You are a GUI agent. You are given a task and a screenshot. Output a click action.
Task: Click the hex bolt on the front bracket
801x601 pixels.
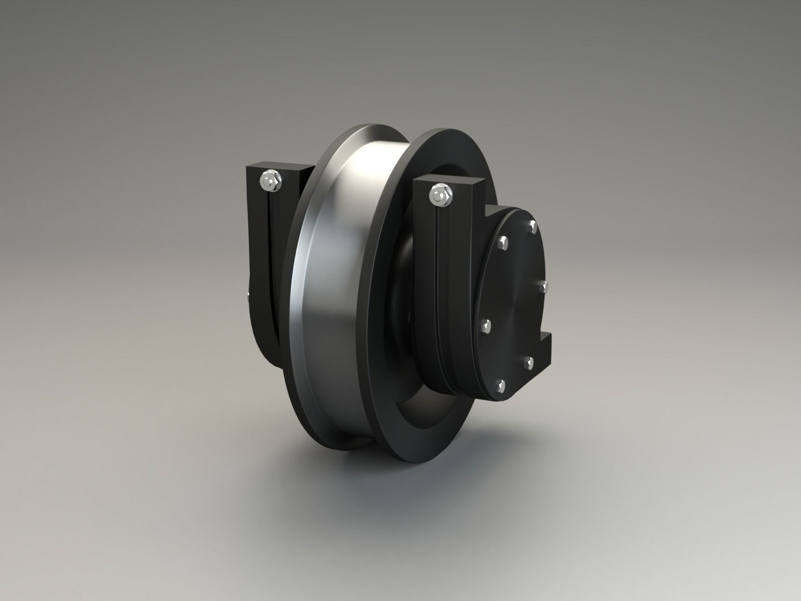pos(440,194)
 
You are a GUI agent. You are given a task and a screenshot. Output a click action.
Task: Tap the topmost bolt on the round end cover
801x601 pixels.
pos(532,226)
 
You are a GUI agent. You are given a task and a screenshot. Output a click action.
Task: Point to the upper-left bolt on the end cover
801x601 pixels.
pos(503,242)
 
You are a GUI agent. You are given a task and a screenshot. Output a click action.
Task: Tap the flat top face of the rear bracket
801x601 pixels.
pos(278,166)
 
